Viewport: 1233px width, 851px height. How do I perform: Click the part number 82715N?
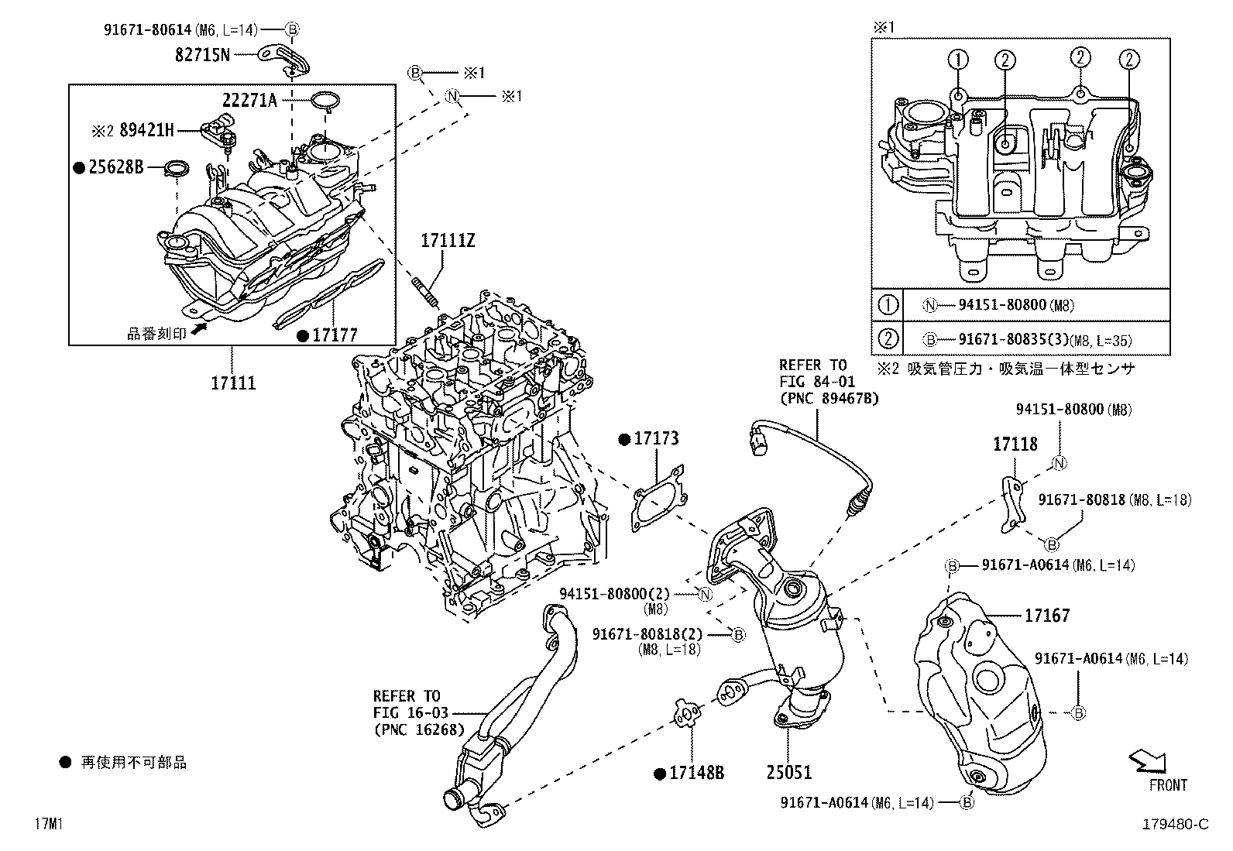(201, 54)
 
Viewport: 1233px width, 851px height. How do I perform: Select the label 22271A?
(249, 101)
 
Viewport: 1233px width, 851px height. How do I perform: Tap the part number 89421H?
(146, 130)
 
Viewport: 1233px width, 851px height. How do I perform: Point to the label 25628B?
(115, 166)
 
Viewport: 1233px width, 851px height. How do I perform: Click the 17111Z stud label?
(448, 241)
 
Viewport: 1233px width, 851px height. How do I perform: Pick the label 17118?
(1015, 444)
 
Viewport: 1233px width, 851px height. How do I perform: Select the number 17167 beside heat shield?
(1046, 616)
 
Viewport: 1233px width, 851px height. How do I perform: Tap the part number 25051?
(789, 772)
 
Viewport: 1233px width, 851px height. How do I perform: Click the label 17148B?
(696, 773)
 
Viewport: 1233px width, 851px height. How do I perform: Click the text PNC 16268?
(419, 729)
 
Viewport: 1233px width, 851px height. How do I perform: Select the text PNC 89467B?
(829, 399)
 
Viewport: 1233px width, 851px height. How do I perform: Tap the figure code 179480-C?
(1175, 825)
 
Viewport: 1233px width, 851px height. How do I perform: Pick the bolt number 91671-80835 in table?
(1008, 339)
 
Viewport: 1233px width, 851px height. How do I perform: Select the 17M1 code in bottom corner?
(48, 825)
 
